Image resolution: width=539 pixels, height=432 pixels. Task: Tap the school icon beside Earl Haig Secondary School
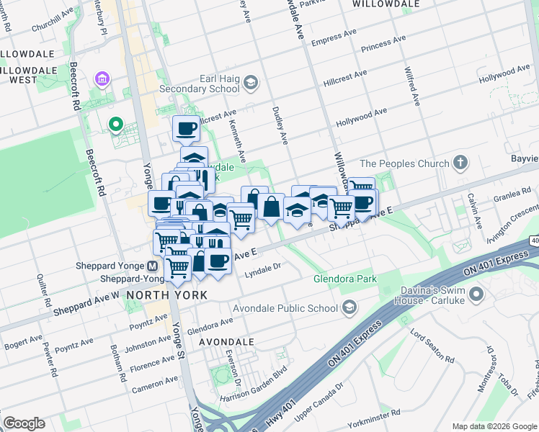pos(251,84)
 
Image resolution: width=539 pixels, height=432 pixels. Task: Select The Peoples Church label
pos(404,163)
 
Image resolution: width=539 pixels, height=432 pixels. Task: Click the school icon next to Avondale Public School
pos(349,309)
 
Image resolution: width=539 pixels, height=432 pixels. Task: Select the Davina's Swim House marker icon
pos(476,294)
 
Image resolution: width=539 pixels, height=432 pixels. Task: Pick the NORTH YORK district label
pos(167,295)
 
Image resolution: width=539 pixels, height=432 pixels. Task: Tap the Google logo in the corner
pos(24,423)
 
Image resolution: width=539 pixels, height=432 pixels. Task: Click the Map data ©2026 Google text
pos(494,426)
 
